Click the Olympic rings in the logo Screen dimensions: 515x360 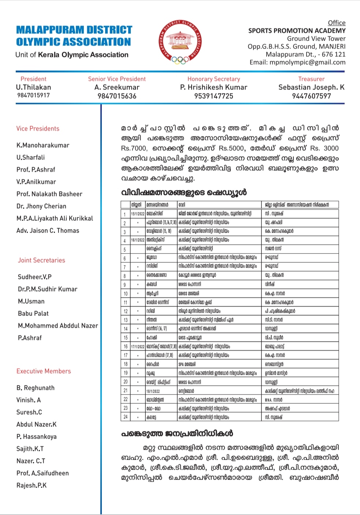(179, 60)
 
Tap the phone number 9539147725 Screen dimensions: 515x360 (214, 96)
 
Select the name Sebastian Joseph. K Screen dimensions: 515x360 (311, 87)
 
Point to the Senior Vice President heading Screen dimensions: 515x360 (117, 79)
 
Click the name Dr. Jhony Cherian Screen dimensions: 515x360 (41, 206)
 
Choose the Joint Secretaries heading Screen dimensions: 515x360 (41, 260)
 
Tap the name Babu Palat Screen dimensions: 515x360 (33, 314)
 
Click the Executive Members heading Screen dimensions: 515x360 (44, 371)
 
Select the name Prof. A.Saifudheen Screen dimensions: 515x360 (42, 473)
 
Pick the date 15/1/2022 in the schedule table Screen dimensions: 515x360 (138, 214)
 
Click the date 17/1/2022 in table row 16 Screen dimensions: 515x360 (138, 346)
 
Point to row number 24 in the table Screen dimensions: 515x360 (125, 417)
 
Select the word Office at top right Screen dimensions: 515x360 (337, 23)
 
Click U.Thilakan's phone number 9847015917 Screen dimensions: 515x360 (33, 95)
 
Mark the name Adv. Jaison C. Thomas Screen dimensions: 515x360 (48, 230)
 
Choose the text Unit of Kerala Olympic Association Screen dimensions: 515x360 (72, 55)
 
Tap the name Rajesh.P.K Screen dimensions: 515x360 (31, 485)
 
